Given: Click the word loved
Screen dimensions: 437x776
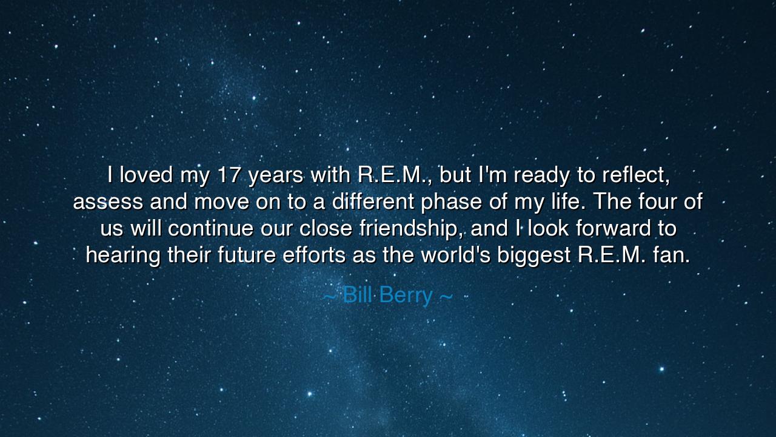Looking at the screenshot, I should (146, 175).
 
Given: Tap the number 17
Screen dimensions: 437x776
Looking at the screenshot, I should (229, 175).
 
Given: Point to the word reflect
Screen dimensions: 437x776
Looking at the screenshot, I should (636, 175).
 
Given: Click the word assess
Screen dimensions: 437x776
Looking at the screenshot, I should (108, 202).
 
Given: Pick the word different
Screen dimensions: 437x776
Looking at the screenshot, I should (364, 202).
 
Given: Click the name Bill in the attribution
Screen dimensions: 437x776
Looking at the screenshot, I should (357, 296).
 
